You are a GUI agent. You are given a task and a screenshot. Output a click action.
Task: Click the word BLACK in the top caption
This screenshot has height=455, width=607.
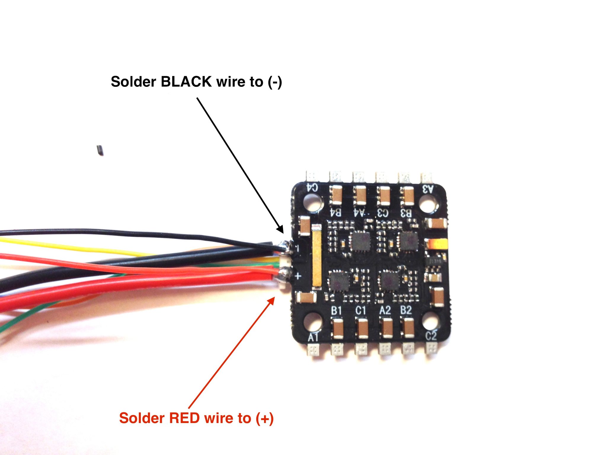186,81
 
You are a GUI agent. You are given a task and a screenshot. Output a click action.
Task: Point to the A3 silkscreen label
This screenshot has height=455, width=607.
427,189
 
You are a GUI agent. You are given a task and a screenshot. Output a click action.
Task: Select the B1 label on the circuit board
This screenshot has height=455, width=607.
336,311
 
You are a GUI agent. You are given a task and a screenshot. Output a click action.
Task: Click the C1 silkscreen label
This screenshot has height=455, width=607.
360,311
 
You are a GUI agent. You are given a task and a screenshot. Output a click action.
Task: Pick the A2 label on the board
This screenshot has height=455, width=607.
385,310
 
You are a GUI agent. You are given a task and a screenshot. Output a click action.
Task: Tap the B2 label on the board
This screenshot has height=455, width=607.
406,310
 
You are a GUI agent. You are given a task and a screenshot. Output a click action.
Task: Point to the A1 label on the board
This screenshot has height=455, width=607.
313,337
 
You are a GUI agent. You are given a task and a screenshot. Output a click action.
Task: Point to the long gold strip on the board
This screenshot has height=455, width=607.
317,257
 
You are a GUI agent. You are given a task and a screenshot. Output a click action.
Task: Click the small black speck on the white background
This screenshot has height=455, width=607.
100,150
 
